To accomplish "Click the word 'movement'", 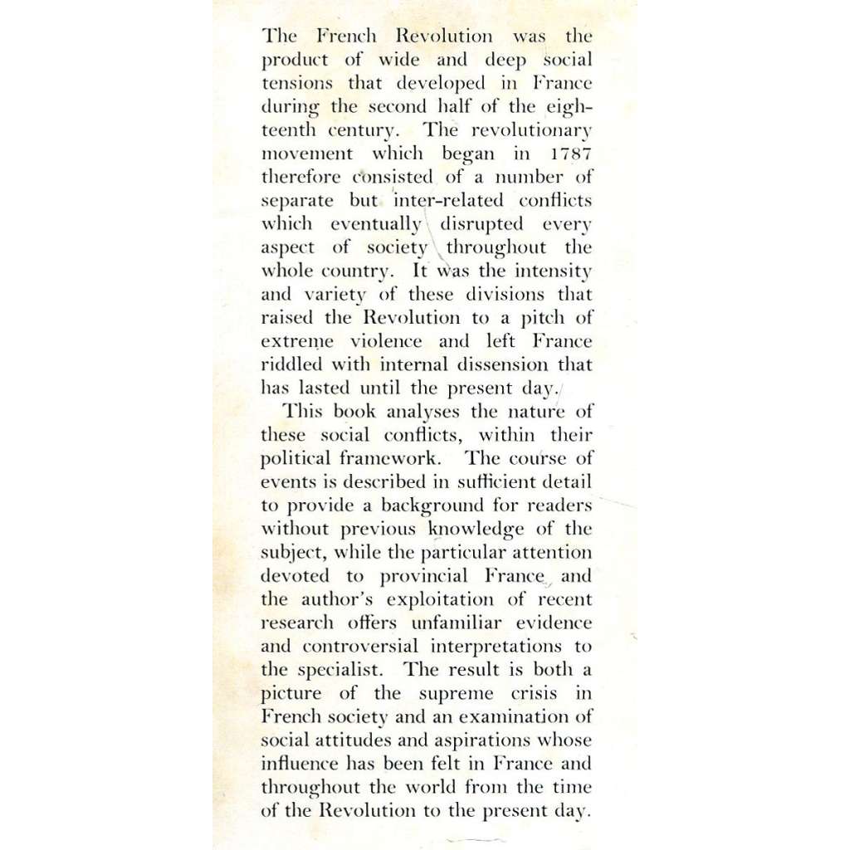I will point(307,154).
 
